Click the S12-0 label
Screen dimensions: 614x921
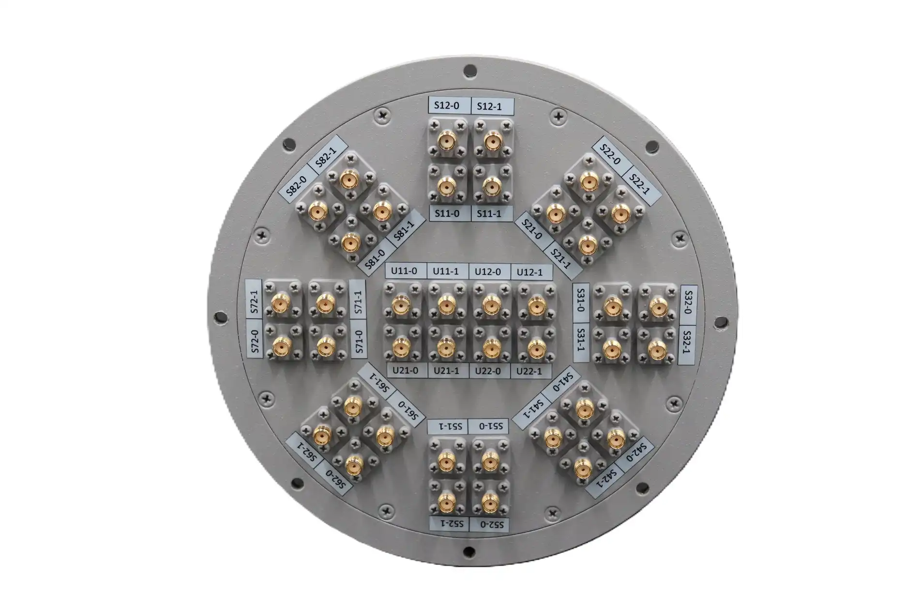pos(449,105)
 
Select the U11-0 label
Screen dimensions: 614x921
pos(405,270)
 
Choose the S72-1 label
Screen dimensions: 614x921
pos(255,301)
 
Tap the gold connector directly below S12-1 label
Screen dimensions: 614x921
pos(492,142)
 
